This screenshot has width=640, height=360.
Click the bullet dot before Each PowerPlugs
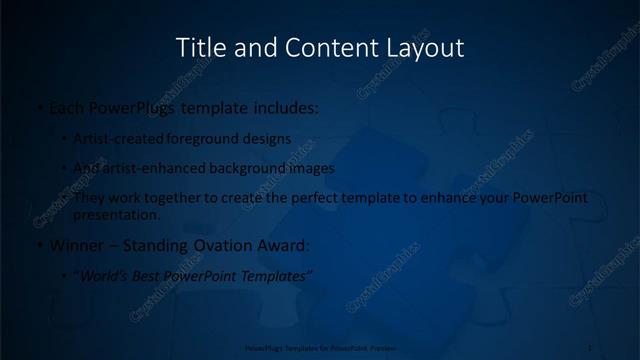coord(38,105)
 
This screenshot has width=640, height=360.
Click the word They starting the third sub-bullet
coord(91,198)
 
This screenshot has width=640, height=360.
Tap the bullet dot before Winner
coord(38,245)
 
